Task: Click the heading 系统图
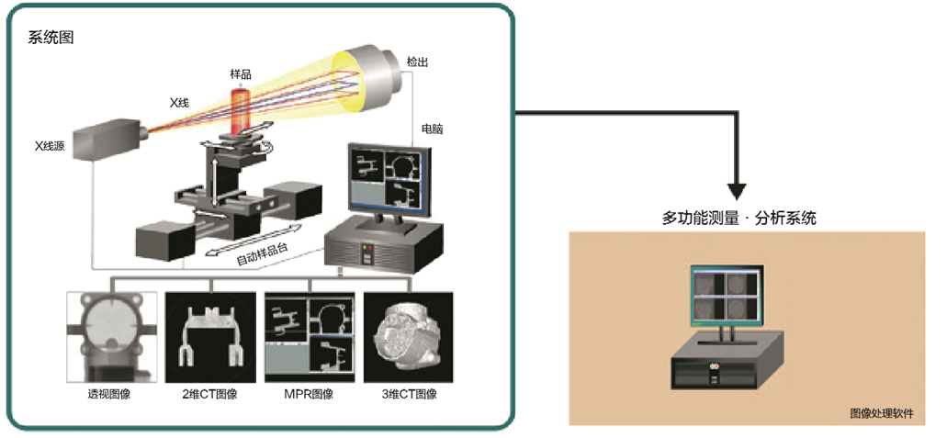tap(50, 38)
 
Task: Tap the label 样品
tap(240, 73)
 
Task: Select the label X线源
tap(50, 144)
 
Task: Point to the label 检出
tap(417, 62)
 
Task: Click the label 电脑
tap(433, 129)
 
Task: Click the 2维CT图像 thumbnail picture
tap(210, 336)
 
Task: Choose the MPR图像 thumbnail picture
tap(310, 336)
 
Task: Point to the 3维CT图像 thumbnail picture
tap(408, 336)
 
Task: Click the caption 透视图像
tap(111, 394)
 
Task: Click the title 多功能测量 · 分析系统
tap(739, 219)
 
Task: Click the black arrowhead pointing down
tap(738, 190)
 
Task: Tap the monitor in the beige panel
tap(727, 295)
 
